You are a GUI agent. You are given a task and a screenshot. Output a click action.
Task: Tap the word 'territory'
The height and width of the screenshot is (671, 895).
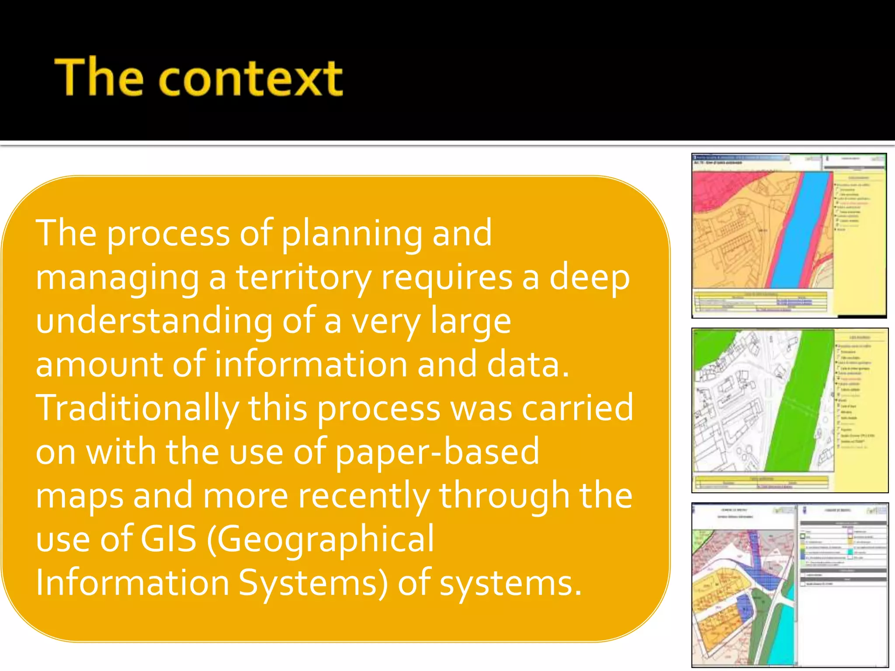304,278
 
